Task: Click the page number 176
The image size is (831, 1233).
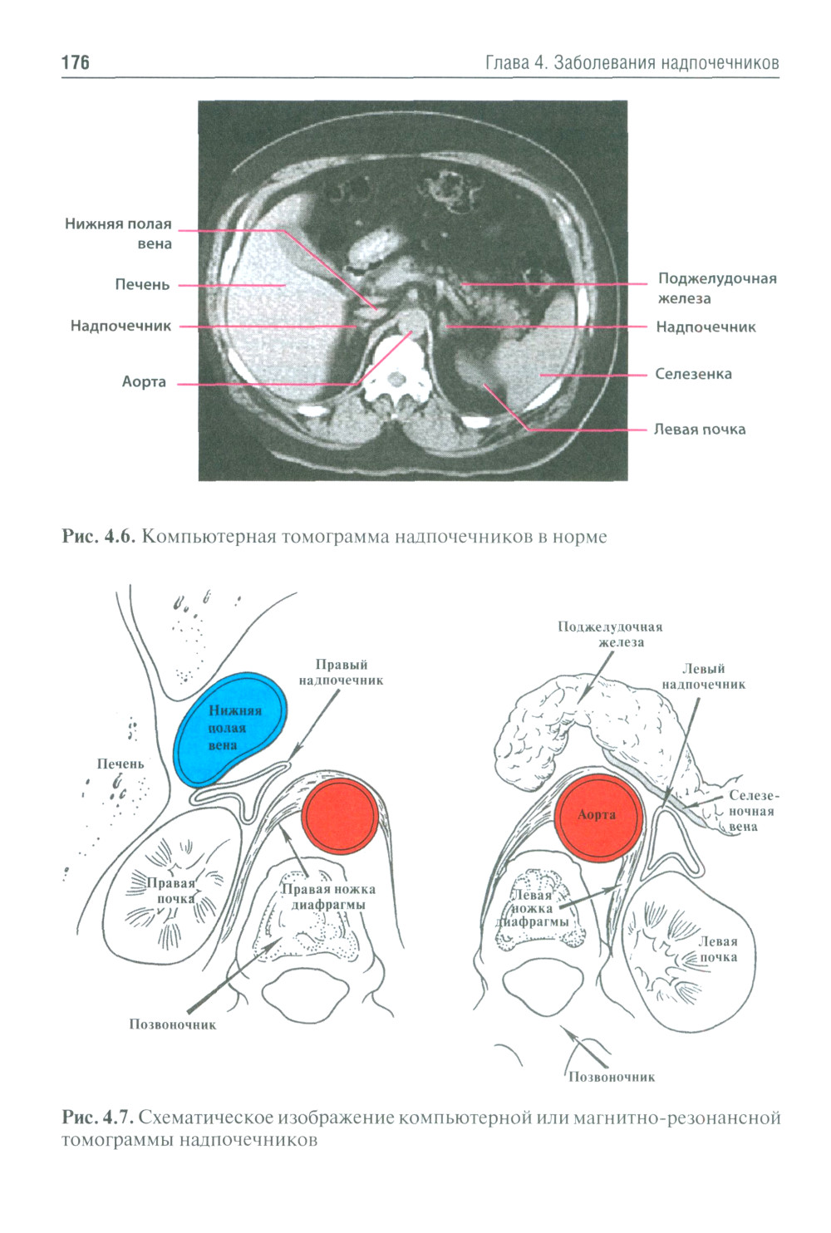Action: click(x=75, y=62)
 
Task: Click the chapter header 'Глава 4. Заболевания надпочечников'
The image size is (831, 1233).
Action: click(x=632, y=62)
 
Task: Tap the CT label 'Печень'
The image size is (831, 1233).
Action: click(x=142, y=285)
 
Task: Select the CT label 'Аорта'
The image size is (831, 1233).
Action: click(x=144, y=382)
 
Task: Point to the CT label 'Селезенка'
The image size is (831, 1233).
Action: click(x=693, y=374)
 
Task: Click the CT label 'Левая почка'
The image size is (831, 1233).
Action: click(x=699, y=430)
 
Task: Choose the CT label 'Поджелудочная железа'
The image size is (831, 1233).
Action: click(x=716, y=287)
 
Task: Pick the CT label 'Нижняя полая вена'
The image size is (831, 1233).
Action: click(x=119, y=233)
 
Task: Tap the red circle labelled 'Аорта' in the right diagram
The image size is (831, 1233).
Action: click(x=597, y=815)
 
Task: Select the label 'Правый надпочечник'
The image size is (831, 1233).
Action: click(x=341, y=672)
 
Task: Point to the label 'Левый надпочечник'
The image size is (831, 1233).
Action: click(x=703, y=676)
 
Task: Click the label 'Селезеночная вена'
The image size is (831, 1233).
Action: click(x=752, y=811)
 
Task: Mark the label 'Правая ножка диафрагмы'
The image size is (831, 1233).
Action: click(x=328, y=897)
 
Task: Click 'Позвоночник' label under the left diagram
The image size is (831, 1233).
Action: click(x=172, y=1024)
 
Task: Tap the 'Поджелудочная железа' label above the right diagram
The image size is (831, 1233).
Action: click(x=610, y=634)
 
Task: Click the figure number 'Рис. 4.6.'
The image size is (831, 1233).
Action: click(x=98, y=537)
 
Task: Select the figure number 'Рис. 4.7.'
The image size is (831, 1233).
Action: click(x=98, y=1118)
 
